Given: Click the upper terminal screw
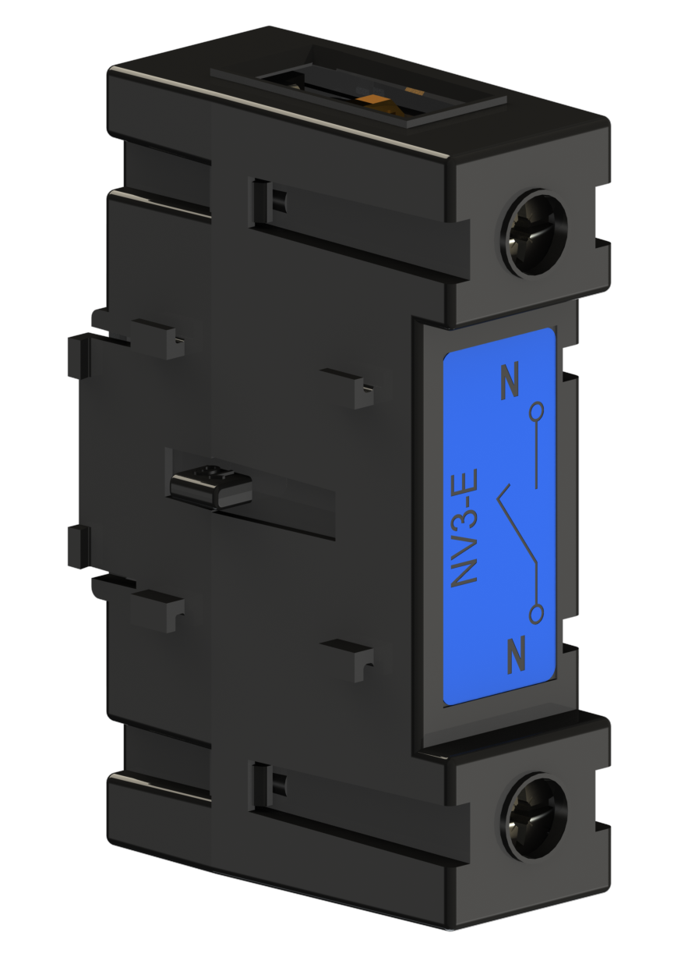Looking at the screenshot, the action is (x=534, y=234).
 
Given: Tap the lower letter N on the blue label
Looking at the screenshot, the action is (x=517, y=667).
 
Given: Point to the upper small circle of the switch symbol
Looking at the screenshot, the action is (x=537, y=411).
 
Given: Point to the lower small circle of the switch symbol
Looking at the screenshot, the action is (x=537, y=614).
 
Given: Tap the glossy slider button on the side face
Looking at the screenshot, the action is (x=211, y=487).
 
